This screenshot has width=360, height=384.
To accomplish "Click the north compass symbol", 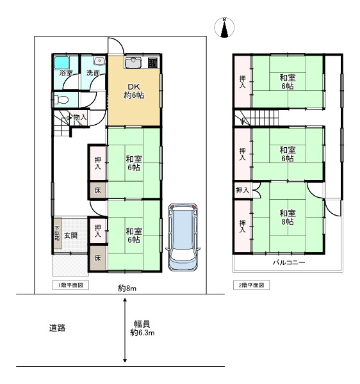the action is tap(224, 27).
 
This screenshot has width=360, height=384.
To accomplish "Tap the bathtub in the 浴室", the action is tap(61, 63).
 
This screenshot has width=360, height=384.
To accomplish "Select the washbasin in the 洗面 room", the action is tap(99, 61).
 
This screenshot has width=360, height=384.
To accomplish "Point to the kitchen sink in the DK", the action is tap(134, 62).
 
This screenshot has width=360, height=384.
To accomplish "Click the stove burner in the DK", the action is tap(152, 63).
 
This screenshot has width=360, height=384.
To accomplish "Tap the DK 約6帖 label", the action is tap(134, 91).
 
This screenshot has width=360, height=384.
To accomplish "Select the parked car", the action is tap(183, 237).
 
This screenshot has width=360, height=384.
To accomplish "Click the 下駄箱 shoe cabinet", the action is tap(57, 233).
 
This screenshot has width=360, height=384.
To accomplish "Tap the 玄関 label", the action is tap(71, 236).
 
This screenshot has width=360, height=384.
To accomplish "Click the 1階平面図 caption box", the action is tap(70, 285).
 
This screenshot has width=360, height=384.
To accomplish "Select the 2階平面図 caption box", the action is tap(252, 285).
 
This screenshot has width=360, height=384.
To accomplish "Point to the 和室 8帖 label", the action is tap(288, 217).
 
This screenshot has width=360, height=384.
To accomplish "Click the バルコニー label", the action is tap(289, 263).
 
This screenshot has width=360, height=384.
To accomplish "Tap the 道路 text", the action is tap(57, 328).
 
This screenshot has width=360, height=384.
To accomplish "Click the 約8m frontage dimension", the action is tap(127, 288).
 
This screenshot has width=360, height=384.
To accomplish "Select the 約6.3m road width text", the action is tap(142, 333).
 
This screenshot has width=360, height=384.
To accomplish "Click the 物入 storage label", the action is tap(80, 117).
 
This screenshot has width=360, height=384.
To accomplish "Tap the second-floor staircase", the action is tap(257, 118).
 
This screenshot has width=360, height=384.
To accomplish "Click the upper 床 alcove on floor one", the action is tap(98, 190).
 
